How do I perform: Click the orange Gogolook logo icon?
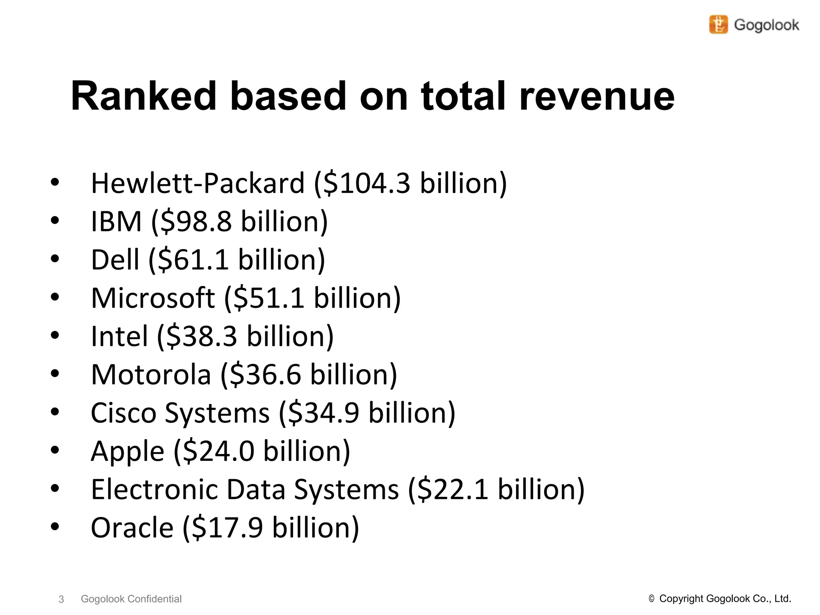point(718,24)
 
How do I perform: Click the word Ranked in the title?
point(143,96)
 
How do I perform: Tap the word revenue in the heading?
point(597,96)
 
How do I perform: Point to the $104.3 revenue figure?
point(367,183)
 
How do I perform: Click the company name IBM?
point(116,221)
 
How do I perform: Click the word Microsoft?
point(153,298)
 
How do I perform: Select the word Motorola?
point(151,375)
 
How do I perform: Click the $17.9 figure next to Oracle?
point(228,528)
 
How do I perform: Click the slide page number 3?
point(61,599)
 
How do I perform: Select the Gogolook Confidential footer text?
point(131,599)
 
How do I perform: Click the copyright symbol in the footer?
point(651,599)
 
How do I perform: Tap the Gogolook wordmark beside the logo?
point(766,25)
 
